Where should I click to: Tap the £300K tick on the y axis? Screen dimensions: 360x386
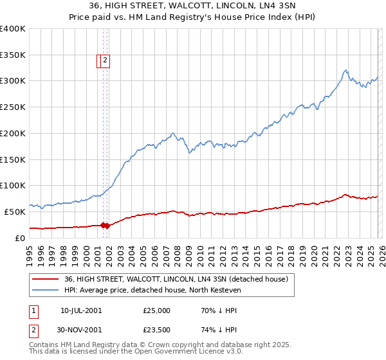(13, 81)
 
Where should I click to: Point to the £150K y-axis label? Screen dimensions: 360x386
(13, 159)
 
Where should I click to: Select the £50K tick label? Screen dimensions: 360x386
(15, 212)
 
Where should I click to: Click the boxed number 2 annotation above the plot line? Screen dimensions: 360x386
(106, 61)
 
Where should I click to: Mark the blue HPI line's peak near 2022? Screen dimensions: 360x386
(346, 70)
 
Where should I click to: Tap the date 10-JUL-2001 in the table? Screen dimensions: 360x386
(80, 310)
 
